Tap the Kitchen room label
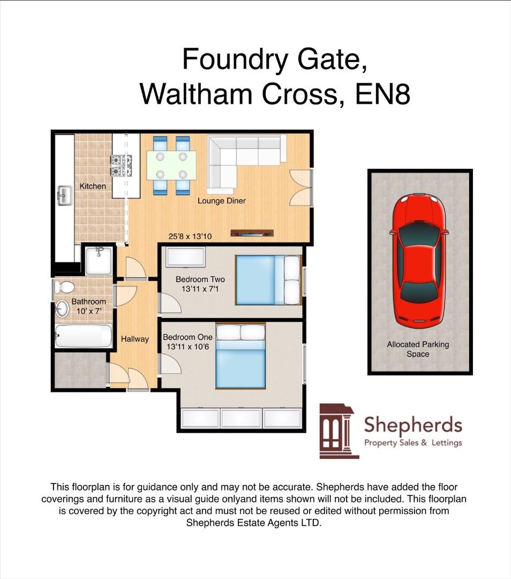[x=93, y=186]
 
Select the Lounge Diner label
[x=221, y=201]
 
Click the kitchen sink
[x=64, y=195]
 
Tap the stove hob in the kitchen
[x=121, y=166]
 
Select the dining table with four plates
[x=171, y=166]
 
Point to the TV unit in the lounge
[x=252, y=233]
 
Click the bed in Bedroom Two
[x=268, y=280]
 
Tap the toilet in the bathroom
[x=65, y=287]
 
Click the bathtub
[x=84, y=336]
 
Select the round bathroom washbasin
[x=62, y=308]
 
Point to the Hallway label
[x=134, y=339]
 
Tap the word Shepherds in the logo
[x=412, y=425]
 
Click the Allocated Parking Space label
[x=418, y=349]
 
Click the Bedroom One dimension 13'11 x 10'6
[x=187, y=347]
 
